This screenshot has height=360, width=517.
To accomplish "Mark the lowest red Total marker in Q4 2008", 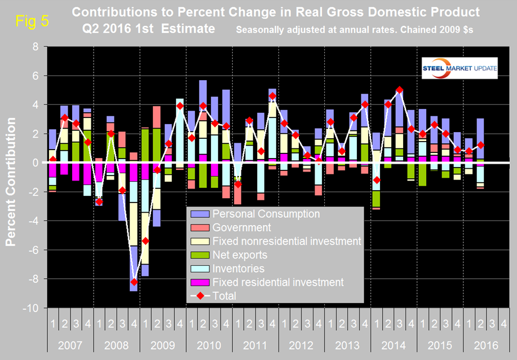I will click(134, 282).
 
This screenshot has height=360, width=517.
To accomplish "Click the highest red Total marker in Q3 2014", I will click(400, 90).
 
